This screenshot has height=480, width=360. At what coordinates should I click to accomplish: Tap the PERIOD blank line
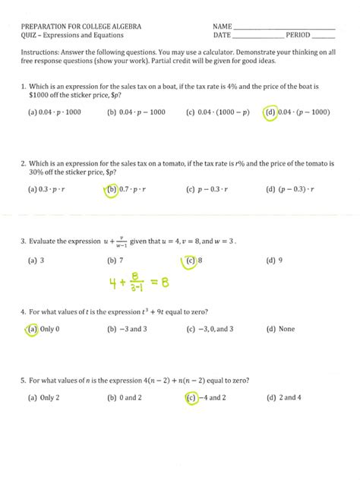tap(323, 36)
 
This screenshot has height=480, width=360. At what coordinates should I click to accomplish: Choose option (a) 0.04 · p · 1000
tap(53, 112)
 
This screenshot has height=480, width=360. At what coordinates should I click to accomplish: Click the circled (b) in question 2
tap(112, 190)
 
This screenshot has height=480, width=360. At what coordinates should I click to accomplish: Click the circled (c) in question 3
tap(190, 261)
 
